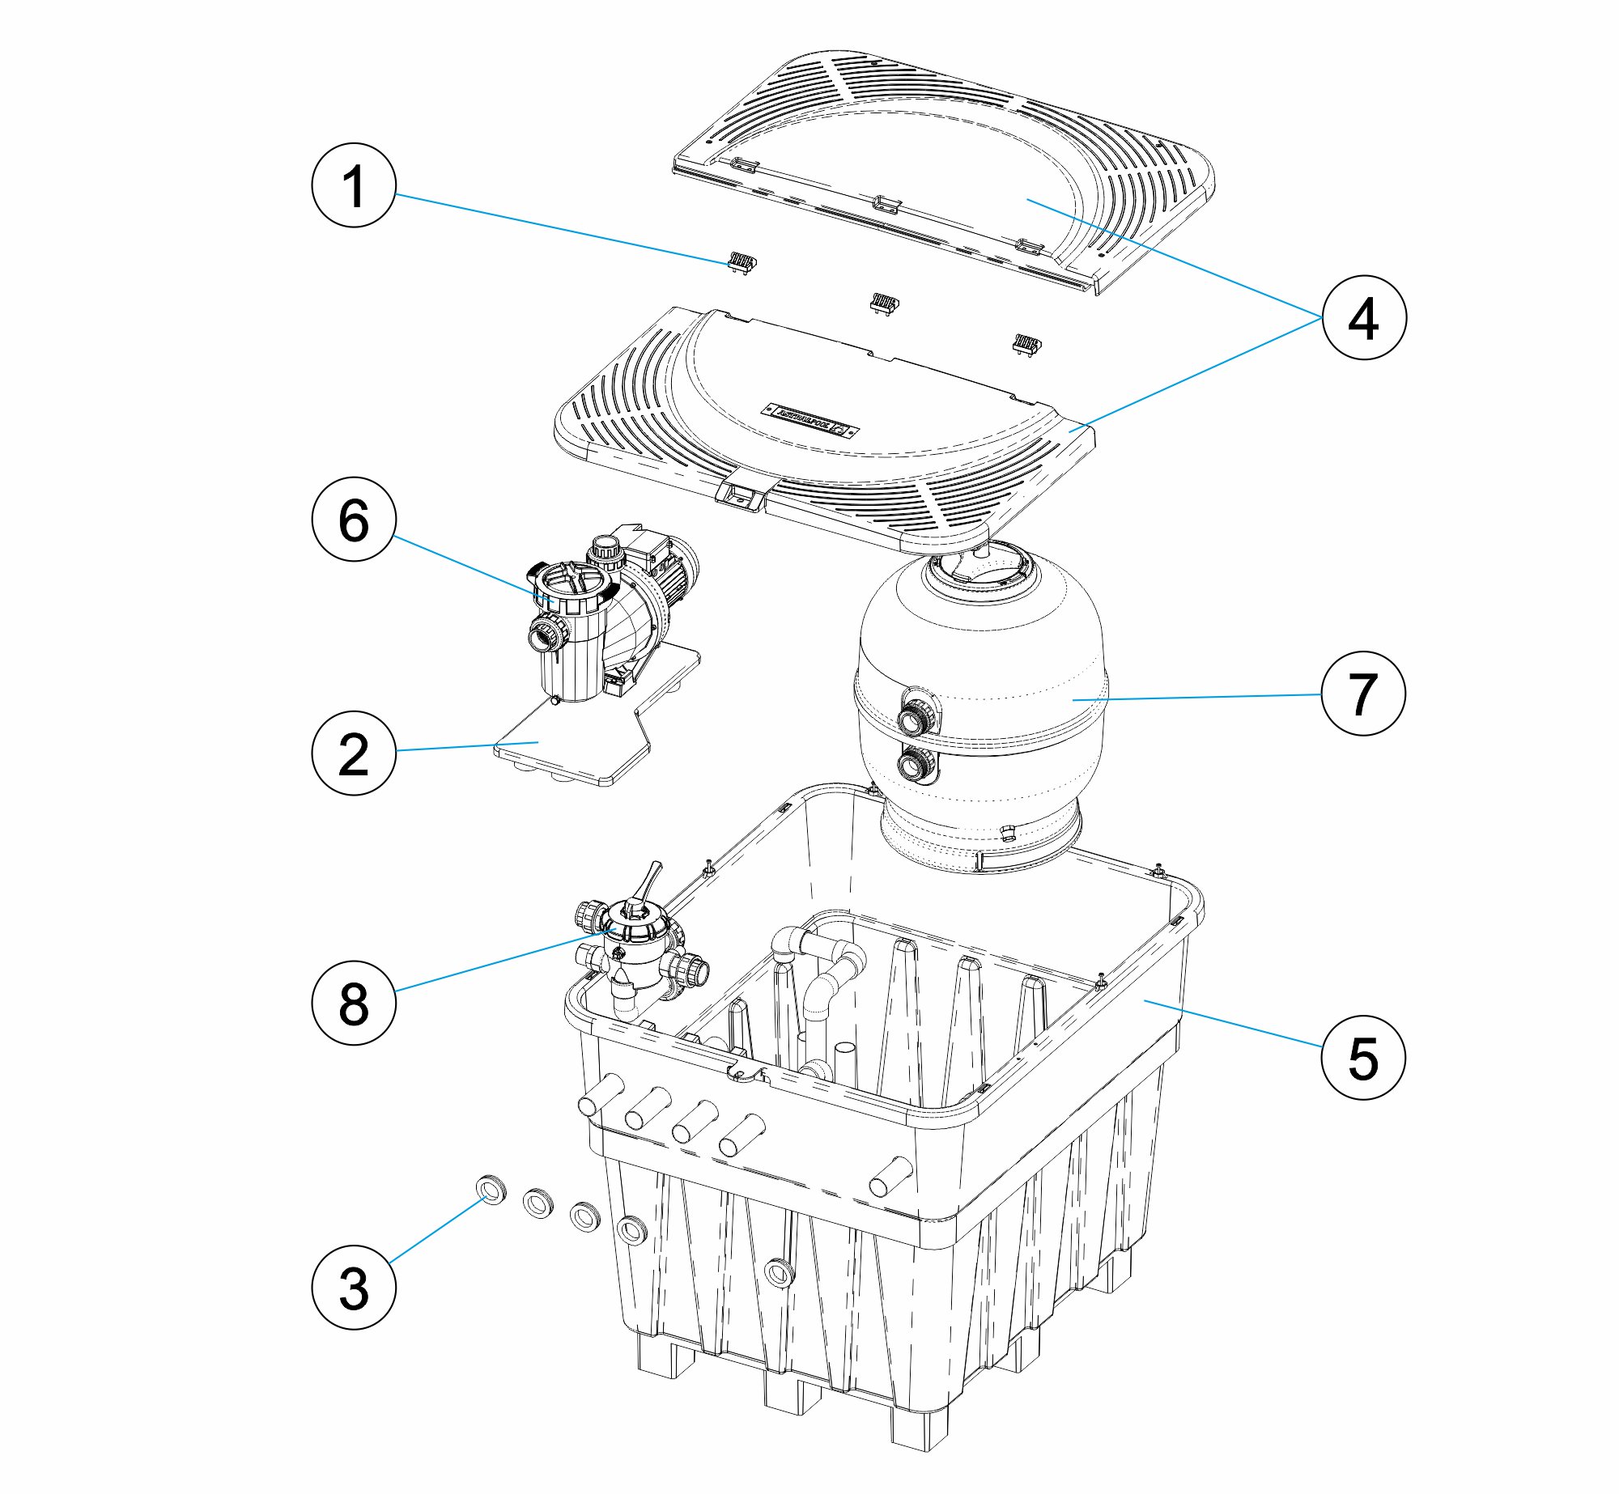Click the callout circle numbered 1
point(354,185)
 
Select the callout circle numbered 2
point(354,753)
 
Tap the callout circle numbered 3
point(354,1288)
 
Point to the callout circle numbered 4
point(1364,318)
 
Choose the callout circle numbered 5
point(1364,1058)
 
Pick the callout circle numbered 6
point(354,520)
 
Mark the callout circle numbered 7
point(1364,694)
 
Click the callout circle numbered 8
point(354,1004)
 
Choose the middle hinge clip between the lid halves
point(884,303)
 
